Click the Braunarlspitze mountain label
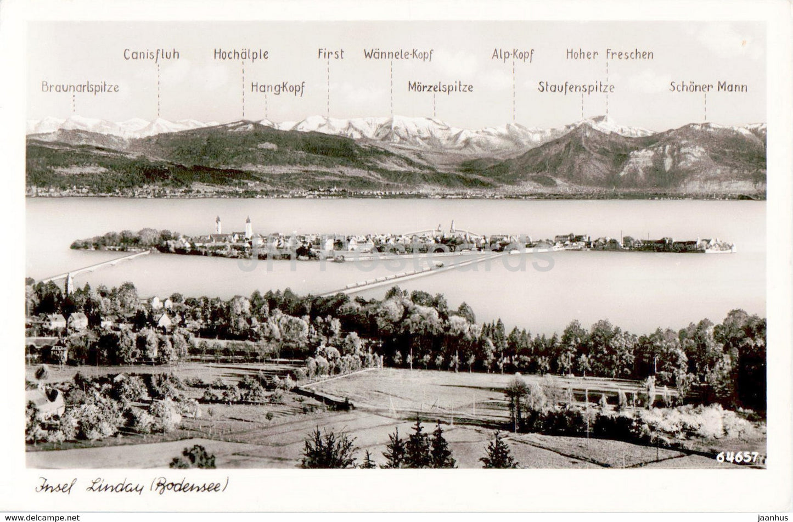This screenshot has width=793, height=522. click(x=80, y=87)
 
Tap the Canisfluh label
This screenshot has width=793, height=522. click(x=151, y=54)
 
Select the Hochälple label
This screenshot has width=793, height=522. click(x=241, y=54)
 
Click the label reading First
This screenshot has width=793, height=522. click(x=331, y=54)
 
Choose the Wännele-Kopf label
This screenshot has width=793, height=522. click(x=398, y=54)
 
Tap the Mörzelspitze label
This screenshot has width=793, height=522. click(x=440, y=87)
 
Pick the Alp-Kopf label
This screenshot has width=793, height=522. click(x=513, y=54)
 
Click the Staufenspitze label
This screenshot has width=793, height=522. click(x=576, y=87)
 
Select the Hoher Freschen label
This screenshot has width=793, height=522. click(x=610, y=54)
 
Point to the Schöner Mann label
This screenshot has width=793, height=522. click(x=708, y=87)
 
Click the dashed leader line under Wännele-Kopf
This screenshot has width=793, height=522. click(x=392, y=88)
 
